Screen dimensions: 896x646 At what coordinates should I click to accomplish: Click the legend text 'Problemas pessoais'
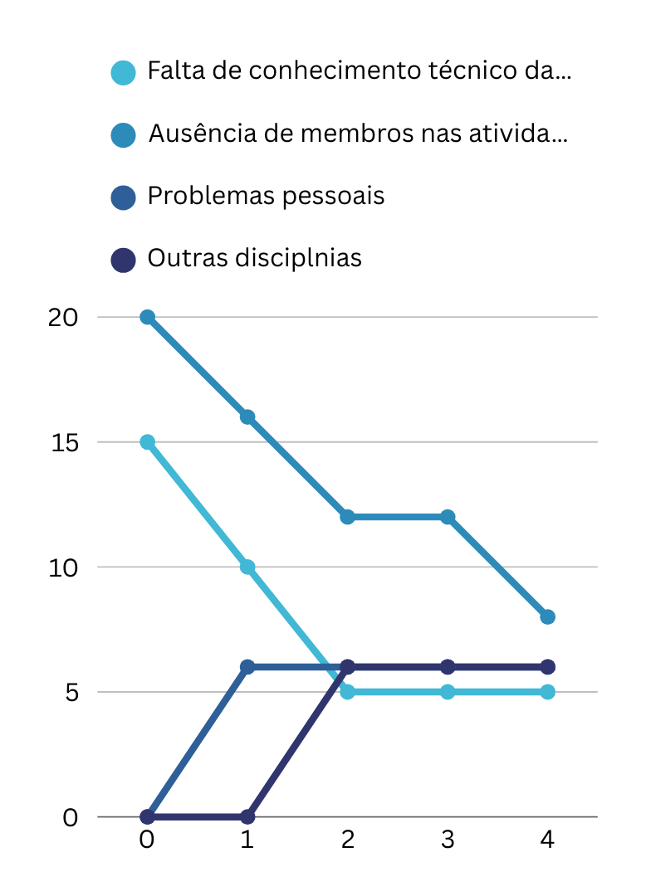pos(266,197)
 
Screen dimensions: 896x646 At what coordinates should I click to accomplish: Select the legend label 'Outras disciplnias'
pos(254,258)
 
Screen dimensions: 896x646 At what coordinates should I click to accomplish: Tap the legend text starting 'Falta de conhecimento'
pos(359,71)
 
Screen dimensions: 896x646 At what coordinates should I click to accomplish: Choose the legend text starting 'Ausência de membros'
pos(358,134)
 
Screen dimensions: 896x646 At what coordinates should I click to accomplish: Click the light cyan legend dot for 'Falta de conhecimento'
pos(123,72)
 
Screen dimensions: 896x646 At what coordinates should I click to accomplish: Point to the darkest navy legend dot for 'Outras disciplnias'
pos(123,259)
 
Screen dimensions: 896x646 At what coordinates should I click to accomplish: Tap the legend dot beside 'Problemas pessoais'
pos(123,197)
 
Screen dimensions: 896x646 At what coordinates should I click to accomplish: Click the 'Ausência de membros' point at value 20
pos(148,317)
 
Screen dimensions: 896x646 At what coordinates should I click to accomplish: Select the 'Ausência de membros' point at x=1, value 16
pos(247,416)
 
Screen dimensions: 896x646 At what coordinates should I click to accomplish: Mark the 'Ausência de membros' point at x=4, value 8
pos(547,616)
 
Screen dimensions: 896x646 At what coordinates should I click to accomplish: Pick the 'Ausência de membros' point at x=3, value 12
pos(448,517)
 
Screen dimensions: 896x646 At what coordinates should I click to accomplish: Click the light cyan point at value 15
pos(148,442)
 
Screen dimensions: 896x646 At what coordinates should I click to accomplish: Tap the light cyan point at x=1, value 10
pos(247,567)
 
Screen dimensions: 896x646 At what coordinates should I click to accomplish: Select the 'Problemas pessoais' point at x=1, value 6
pos(247,667)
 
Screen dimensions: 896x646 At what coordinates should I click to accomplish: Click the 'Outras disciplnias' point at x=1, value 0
pos(247,816)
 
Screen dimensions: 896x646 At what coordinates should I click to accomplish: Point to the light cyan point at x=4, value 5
pos(547,692)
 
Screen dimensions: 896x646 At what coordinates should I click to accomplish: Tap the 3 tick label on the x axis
pos(448,840)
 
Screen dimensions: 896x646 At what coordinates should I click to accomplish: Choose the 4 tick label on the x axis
pos(547,840)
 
